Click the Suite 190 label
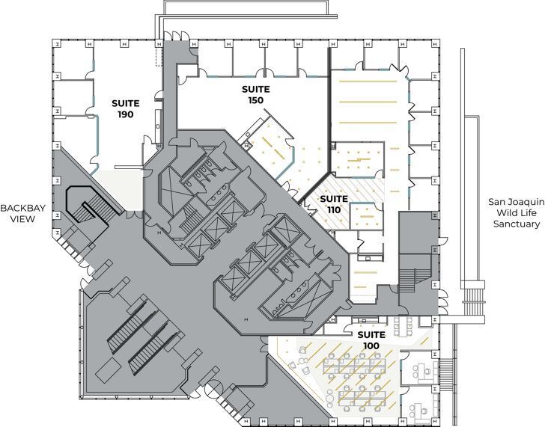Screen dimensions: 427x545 [x=124, y=108]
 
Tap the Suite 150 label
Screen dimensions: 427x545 [x=255, y=94]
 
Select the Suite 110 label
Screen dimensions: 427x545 [x=333, y=204]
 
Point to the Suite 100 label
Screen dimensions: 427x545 [x=371, y=340]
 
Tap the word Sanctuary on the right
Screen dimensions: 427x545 [x=514, y=224]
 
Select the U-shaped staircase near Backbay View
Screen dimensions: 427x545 [x=89, y=206]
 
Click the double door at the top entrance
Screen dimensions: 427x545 [x=177, y=36]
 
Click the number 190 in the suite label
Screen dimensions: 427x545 [x=124, y=114]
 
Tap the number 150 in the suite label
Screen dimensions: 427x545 [x=255, y=100]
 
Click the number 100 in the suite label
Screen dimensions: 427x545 [x=371, y=346]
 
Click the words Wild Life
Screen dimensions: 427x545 [x=514, y=212]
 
